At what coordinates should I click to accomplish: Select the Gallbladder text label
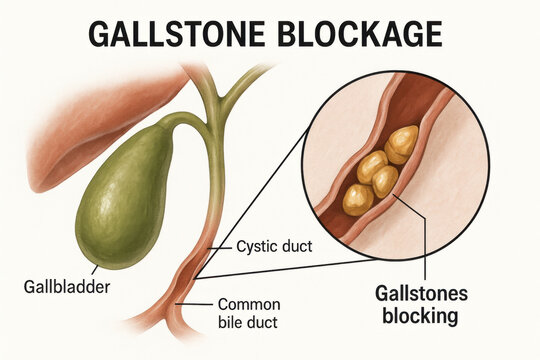(64, 287)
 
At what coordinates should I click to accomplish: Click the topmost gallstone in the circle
(403, 144)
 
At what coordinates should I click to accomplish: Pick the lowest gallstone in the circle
(358, 200)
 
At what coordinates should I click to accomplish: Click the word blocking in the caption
(418, 317)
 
